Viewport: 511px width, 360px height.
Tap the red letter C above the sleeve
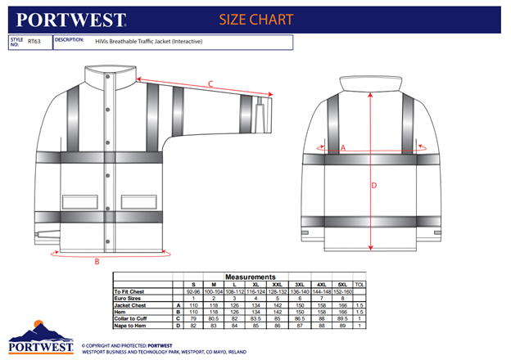tap(210, 83)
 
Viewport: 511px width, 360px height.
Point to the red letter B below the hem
tap(97, 261)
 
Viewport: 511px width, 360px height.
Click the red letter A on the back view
tap(343, 148)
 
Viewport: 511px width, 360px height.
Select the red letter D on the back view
tap(373, 185)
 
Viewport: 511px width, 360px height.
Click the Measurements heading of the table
tap(251, 277)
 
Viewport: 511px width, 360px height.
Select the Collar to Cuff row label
tap(136, 318)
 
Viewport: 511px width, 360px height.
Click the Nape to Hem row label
tap(134, 325)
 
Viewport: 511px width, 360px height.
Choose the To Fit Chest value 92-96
tap(193, 291)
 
